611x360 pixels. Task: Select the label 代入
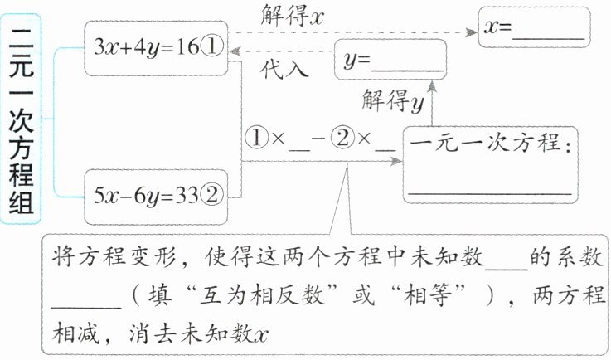(284, 70)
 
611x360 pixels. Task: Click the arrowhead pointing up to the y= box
(431, 85)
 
